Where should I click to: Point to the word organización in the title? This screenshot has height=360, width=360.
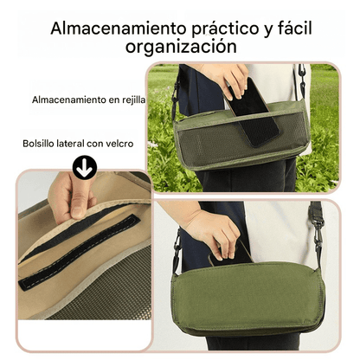180,47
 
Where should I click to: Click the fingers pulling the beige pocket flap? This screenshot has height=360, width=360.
73,196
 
